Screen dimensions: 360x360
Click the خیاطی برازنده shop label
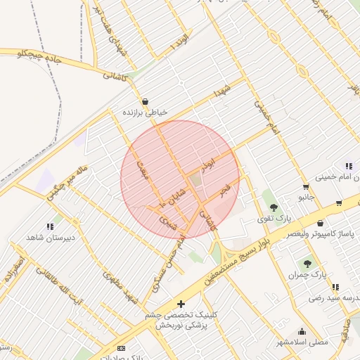pos(143,112)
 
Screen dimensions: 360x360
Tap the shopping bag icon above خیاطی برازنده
pos(145,101)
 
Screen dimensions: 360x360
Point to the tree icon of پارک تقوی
pos(274,207)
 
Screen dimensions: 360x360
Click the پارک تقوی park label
pos(274,219)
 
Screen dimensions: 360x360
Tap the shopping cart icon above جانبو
pos(305,187)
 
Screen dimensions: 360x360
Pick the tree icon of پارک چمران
pos(307,263)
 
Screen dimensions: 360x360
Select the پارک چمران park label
pos(307,274)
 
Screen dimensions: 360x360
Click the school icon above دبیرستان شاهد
pos(50,226)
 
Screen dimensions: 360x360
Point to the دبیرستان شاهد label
pos(49,238)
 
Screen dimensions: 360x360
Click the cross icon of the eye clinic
pos(181,304)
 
